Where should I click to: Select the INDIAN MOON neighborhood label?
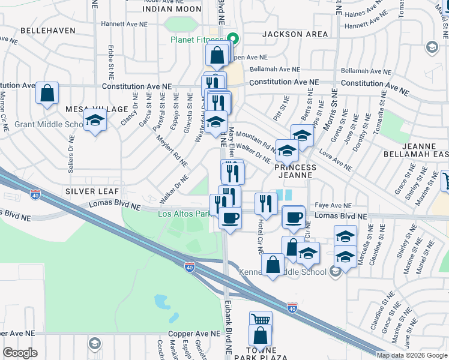[x=172, y=9]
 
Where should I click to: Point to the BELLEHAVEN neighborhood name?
[x=48, y=30]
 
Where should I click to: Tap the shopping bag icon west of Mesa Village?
[x=47, y=94]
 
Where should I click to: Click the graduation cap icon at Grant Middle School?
[x=95, y=121]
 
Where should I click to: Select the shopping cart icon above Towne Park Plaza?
[x=261, y=320]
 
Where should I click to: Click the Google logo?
[x=20, y=353]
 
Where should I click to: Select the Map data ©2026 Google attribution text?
[x=411, y=355]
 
